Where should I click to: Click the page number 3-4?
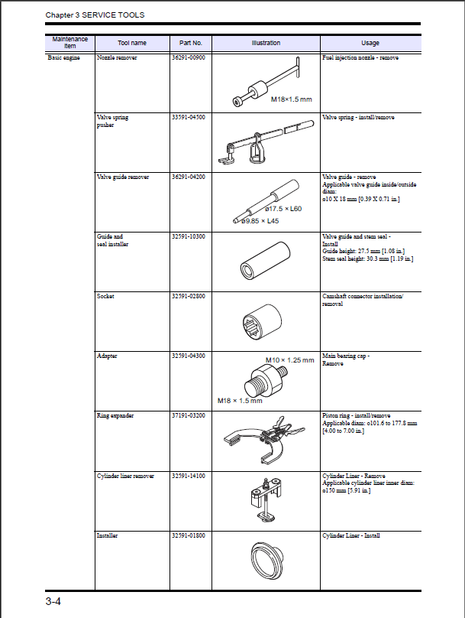(x=53, y=602)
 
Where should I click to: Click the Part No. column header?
(x=190, y=44)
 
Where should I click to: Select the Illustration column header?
(x=266, y=44)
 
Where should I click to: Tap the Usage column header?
(x=370, y=44)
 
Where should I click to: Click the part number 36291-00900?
(x=189, y=58)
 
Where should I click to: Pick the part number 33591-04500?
(x=189, y=118)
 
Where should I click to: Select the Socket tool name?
(x=105, y=297)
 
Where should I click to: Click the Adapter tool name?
(x=107, y=356)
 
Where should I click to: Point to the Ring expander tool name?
(x=115, y=416)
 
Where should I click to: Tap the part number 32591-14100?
(x=189, y=476)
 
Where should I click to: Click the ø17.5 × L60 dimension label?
(x=283, y=209)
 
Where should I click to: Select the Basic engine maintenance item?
(x=63, y=58)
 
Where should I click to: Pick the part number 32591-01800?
(x=189, y=536)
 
